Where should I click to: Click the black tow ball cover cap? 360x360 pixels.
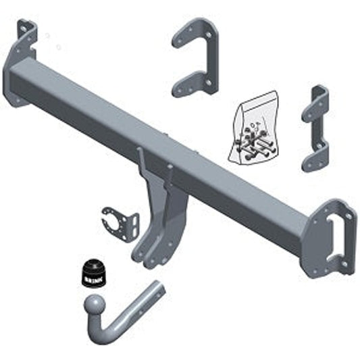click(x=93, y=274)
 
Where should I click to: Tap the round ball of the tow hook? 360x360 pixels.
click(x=95, y=305)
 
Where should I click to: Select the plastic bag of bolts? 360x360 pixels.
click(x=253, y=128)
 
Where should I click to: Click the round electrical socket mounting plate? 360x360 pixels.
click(x=120, y=224)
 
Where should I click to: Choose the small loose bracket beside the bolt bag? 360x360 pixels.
click(x=315, y=128)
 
